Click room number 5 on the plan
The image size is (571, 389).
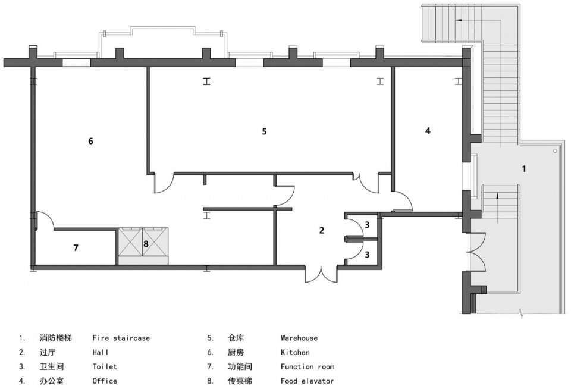264,131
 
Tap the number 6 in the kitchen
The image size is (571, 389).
90,140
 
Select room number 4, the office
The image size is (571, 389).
428,130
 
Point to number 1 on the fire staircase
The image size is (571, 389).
524,169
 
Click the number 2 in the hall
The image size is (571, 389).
322,230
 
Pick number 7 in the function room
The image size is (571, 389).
76,247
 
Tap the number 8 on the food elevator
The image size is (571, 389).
146,244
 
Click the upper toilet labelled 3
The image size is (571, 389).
367,225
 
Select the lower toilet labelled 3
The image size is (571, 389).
367,254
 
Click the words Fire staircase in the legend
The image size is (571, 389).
121,338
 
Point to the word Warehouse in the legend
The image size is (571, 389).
299,338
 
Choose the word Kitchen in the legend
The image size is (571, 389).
295,352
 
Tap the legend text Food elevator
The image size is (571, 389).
307,381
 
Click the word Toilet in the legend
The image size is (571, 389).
105,367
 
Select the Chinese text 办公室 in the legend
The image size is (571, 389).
52,381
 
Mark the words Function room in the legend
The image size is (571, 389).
308,367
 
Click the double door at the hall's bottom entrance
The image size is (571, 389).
321,275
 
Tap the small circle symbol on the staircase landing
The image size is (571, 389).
555,151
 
